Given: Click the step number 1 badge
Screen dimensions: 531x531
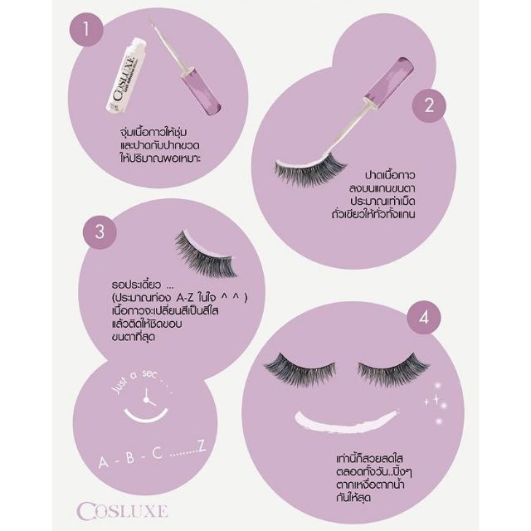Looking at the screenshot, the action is tap(86, 29).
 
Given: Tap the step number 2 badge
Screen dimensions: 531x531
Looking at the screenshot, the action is tap(429, 105).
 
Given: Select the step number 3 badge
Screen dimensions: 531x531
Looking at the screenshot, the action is tap(100, 232).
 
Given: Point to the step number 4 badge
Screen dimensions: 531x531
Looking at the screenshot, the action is tap(424, 318).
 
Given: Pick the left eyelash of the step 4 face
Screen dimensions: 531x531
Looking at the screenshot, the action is tap(300, 370).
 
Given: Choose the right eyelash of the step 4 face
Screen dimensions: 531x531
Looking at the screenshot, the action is tap(393, 370).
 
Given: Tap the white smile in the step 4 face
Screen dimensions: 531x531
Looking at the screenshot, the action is tap(346, 421).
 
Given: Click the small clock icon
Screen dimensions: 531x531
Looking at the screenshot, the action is tap(148, 398).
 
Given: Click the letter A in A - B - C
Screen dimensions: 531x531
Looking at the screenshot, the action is tap(103, 462).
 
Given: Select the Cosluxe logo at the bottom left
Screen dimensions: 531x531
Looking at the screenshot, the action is tap(122, 510).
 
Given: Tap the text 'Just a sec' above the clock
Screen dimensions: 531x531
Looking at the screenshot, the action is tap(135, 380).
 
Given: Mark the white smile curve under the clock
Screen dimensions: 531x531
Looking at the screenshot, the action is tap(146, 416).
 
